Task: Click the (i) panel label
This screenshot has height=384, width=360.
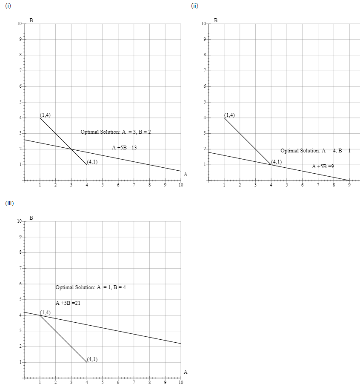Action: coord(7,6)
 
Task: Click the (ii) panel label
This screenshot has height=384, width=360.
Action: coord(194,6)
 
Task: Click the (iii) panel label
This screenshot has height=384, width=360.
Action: coord(9,203)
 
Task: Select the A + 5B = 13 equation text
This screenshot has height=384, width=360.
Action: coord(124,148)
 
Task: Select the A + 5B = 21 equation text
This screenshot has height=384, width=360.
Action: coord(68,303)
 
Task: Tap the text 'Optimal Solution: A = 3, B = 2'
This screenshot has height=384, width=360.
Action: coord(116,132)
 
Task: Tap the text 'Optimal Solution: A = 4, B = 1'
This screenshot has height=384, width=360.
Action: coord(315,151)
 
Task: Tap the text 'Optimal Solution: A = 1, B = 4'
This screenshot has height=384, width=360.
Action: coord(91,287)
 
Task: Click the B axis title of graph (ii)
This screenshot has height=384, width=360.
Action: coord(215,20)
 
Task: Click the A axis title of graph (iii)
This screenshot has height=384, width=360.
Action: coord(186,372)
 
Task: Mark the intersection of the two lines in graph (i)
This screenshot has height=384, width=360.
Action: coord(71,149)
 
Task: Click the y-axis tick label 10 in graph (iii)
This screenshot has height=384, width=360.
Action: coord(19,221)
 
